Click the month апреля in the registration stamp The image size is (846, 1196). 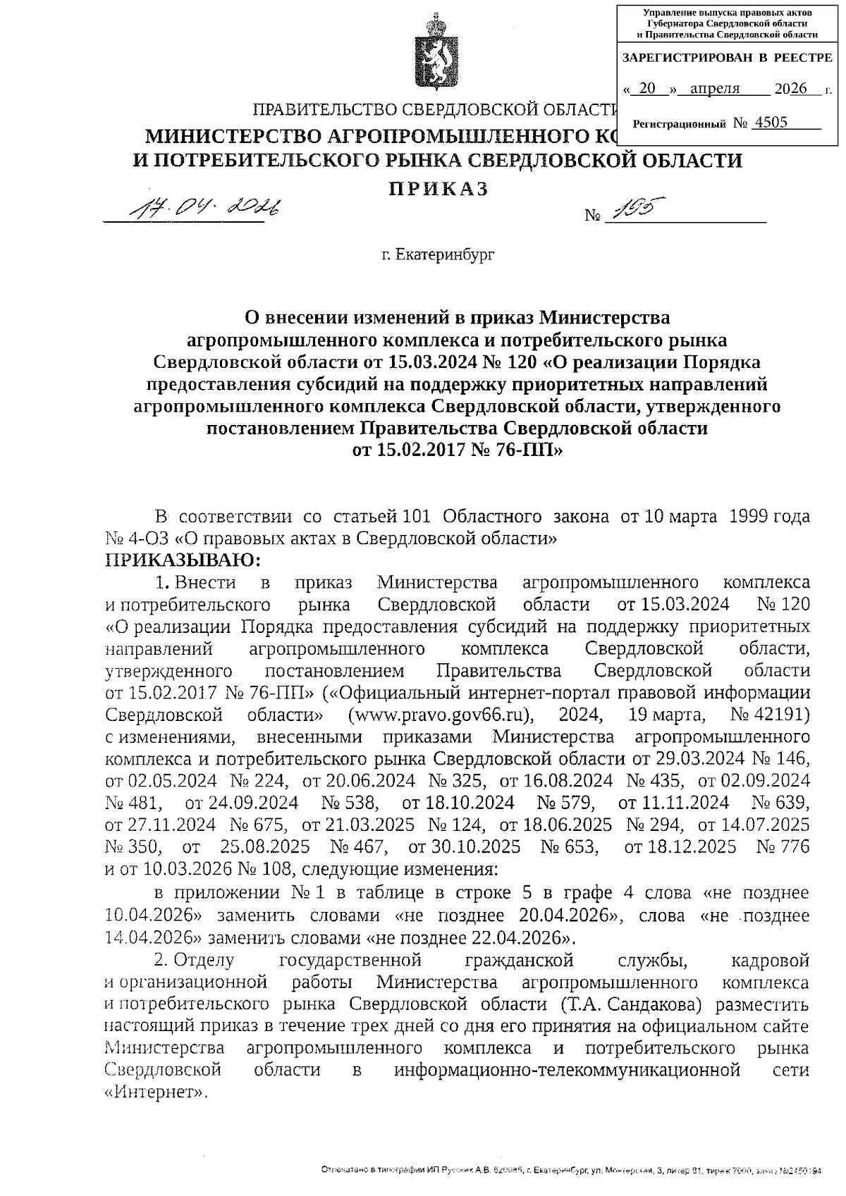[x=715, y=89]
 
